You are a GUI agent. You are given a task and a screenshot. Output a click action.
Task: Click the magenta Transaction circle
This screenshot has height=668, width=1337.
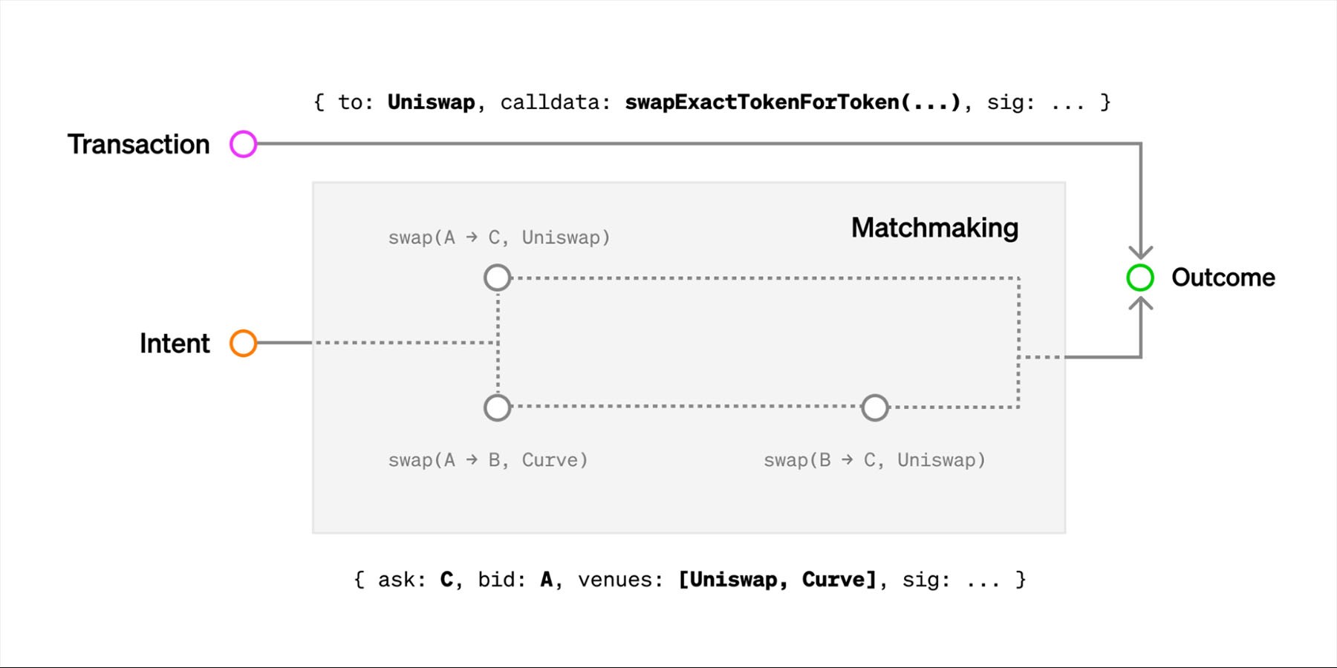point(243,144)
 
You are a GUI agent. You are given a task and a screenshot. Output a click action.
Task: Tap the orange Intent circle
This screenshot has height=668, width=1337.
point(243,343)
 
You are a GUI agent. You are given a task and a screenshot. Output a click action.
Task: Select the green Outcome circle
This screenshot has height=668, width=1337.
point(1140,278)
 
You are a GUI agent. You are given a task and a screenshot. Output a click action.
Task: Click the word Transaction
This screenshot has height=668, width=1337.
point(139,144)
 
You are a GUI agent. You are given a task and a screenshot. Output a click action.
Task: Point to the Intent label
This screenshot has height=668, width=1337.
point(175,343)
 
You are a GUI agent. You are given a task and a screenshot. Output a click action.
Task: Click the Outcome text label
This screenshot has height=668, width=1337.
point(1223,278)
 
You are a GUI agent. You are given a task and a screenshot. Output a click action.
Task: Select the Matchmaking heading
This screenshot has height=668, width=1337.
point(934,228)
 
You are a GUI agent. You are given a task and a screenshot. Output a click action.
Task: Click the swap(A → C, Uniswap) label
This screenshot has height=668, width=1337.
point(498,238)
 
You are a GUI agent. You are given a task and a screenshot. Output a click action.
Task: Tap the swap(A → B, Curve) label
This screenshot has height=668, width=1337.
point(488,460)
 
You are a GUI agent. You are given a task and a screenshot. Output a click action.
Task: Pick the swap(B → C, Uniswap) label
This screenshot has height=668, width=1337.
point(874,460)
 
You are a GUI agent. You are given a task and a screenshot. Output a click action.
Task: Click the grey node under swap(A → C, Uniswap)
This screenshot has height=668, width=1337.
point(497,278)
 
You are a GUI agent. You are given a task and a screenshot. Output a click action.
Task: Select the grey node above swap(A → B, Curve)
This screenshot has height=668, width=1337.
point(497,407)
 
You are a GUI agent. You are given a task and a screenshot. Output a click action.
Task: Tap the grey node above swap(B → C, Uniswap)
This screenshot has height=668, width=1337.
point(874,407)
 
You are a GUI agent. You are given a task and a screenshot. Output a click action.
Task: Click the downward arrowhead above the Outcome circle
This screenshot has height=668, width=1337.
point(1141,251)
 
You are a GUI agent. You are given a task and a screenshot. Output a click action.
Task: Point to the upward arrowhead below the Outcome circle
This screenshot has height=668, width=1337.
point(1141,304)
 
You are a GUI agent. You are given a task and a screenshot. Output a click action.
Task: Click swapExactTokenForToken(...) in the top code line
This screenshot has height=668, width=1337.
point(793,102)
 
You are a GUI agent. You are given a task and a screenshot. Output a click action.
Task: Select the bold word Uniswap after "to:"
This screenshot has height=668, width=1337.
point(431,102)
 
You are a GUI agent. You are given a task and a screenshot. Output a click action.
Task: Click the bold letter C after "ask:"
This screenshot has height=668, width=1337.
point(446,580)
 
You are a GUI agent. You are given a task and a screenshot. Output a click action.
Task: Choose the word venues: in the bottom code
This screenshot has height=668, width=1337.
point(620,580)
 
